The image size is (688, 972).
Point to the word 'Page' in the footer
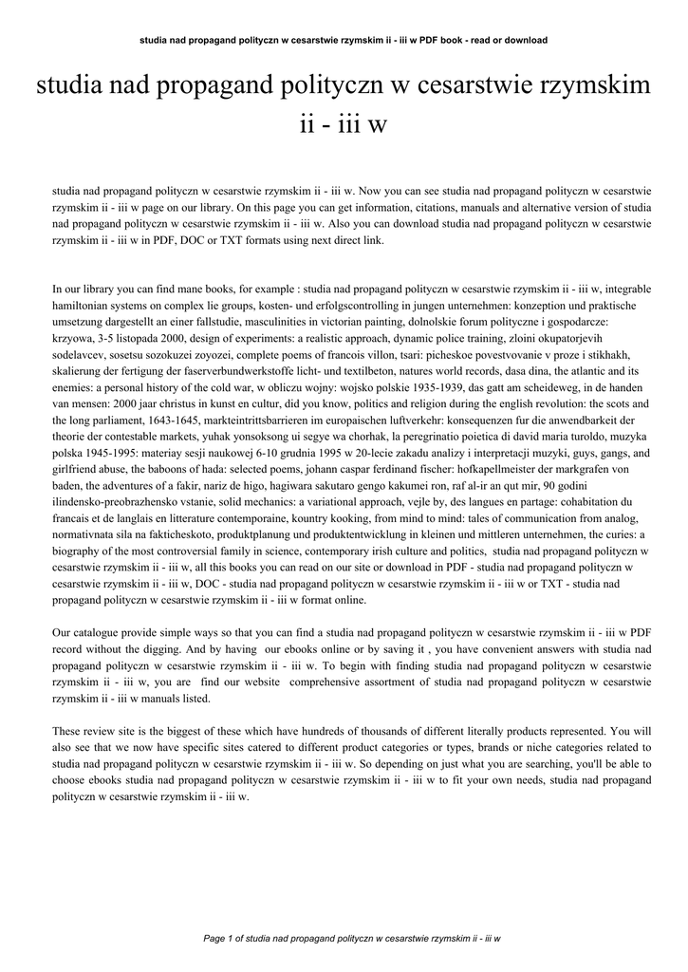215,937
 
